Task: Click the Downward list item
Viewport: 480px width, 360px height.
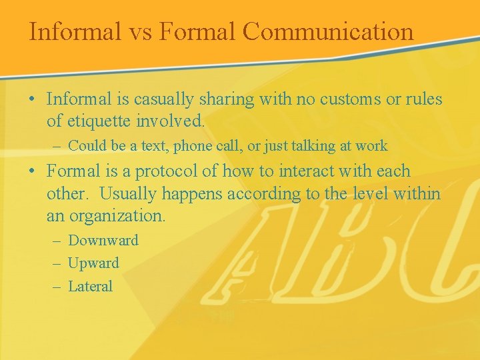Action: [x=103, y=240]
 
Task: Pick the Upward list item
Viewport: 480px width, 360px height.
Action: [x=94, y=263]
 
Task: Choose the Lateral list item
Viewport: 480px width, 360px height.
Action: [x=91, y=287]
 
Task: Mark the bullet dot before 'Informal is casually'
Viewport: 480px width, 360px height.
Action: [x=33, y=100]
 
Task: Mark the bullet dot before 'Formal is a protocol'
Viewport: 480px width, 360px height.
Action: [x=33, y=171]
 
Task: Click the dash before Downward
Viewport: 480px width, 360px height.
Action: [x=56, y=241]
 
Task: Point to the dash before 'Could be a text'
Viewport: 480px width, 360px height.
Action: [x=56, y=146]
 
